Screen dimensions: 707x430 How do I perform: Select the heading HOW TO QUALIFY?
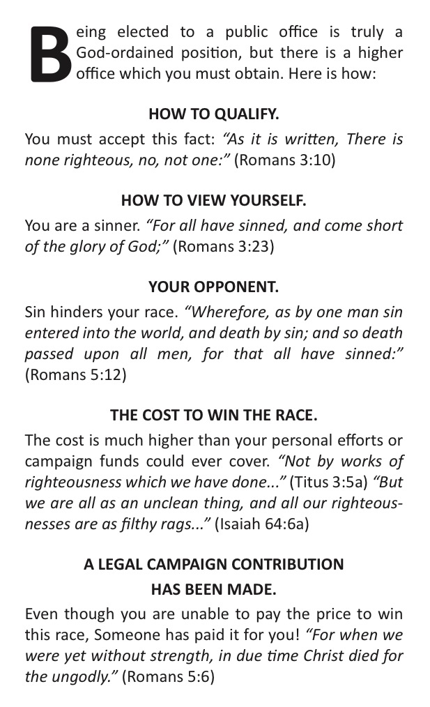214,113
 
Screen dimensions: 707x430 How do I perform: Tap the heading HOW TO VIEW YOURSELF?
214,201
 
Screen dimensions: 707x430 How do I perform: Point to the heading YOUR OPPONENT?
214,288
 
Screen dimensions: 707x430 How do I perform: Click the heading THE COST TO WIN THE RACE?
214,415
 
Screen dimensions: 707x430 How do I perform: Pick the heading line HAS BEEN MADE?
214,589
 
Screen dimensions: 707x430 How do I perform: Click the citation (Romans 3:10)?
284,160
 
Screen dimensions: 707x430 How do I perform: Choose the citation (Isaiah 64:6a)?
261,523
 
